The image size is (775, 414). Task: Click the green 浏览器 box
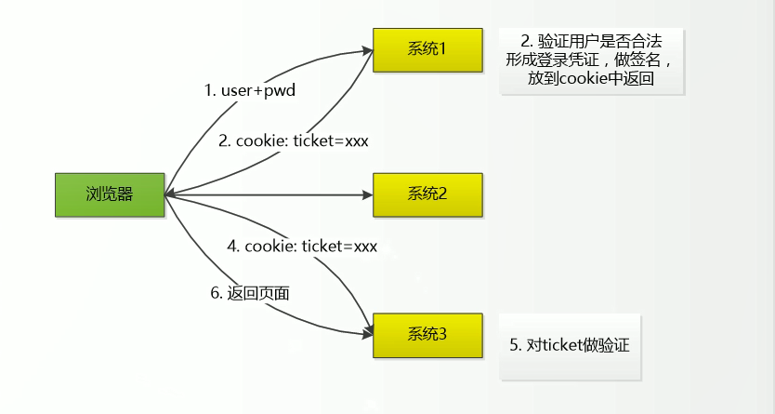click(110, 194)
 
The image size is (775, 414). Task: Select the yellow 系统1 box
click(427, 49)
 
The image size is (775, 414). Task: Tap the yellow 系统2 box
click(427, 194)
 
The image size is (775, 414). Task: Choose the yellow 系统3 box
click(427, 334)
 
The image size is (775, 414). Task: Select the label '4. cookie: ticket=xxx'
click(302, 247)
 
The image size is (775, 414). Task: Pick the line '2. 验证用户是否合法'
click(591, 41)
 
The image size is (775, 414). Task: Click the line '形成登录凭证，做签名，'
click(591, 60)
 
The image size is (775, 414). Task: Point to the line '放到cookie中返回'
click(591, 80)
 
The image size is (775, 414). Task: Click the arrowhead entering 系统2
click(367, 195)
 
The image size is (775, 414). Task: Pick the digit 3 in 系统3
click(442, 334)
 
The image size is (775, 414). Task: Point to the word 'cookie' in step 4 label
click(268, 247)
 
